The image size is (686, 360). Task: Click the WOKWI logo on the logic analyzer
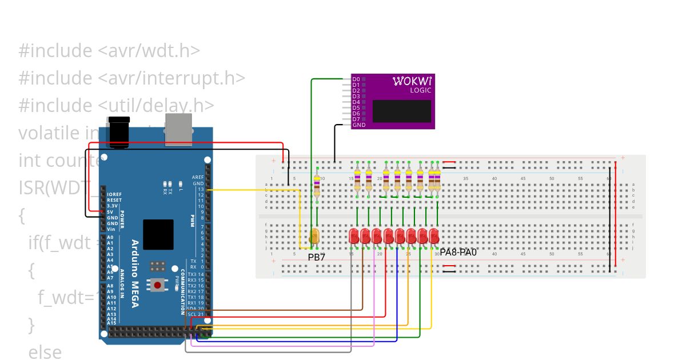click(x=412, y=81)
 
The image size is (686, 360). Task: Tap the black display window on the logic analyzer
click(x=401, y=111)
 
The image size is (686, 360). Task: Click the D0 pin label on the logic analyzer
click(x=356, y=79)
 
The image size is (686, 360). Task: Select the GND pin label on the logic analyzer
click(x=358, y=125)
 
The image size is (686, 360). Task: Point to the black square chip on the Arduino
click(x=158, y=234)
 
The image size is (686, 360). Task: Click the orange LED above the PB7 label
click(x=314, y=236)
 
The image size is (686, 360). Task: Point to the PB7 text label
click(x=316, y=257)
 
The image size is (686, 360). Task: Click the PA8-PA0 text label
click(x=458, y=252)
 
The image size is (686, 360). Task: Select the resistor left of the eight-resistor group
click(x=317, y=183)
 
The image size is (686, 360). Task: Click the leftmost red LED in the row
click(x=354, y=235)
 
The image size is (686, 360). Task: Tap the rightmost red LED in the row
click(x=434, y=235)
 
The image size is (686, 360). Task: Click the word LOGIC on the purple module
click(x=420, y=90)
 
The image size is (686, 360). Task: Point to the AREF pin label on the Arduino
click(x=198, y=177)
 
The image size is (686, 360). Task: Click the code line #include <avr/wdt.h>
click(x=109, y=50)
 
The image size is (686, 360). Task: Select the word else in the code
click(x=45, y=351)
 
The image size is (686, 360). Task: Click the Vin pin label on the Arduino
click(x=111, y=229)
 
